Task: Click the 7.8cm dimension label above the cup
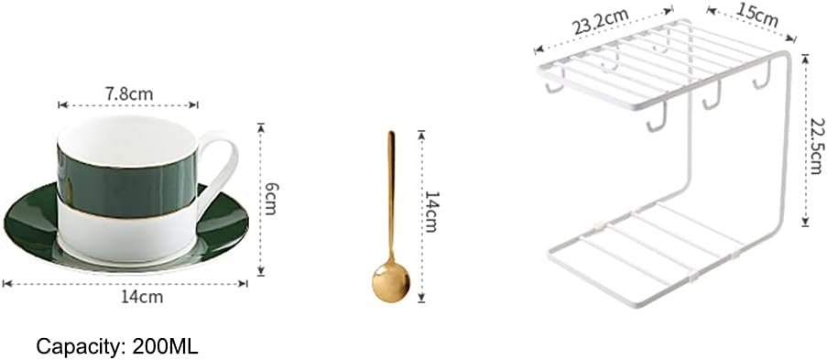[x=128, y=94]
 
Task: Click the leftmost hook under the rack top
[x=551, y=85]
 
